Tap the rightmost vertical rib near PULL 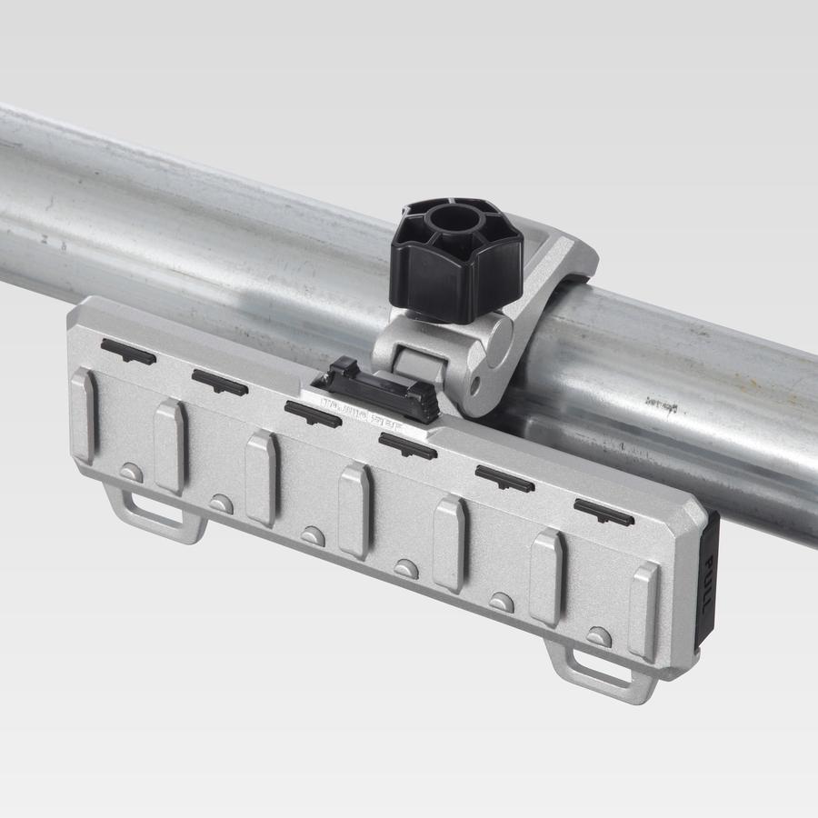(x=644, y=610)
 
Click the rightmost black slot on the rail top (x=604, y=512)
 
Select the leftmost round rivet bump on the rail (x=132, y=472)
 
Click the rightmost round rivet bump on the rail (x=597, y=635)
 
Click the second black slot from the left (x=219, y=382)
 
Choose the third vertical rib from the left (x=261, y=477)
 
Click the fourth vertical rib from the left (x=354, y=509)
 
